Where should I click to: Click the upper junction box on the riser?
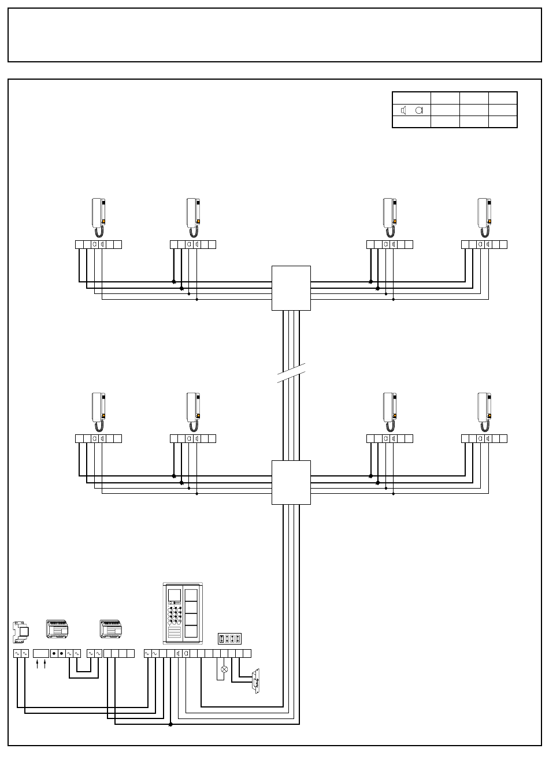point(291,288)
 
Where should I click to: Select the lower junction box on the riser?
point(291,482)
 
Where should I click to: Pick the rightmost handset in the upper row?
point(484,217)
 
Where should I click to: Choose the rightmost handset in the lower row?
point(484,412)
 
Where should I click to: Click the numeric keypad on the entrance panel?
point(174,616)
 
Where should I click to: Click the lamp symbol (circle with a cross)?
point(224,669)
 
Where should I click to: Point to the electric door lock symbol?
point(255,681)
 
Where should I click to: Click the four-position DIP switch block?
point(229,639)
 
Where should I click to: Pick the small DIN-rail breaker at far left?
point(21,632)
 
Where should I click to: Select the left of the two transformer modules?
point(57,630)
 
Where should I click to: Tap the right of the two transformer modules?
point(110,630)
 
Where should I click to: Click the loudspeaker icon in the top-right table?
point(403,110)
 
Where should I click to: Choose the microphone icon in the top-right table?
point(419,110)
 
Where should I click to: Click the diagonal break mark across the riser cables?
point(291,373)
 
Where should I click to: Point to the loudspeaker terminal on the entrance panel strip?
point(178,653)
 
